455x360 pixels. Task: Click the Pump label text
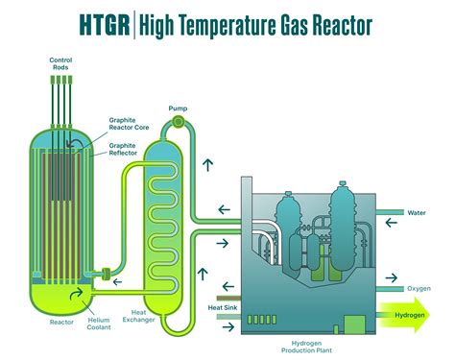click(x=178, y=107)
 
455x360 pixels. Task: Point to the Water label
click(x=416, y=213)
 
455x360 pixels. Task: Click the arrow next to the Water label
click(x=392, y=222)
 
